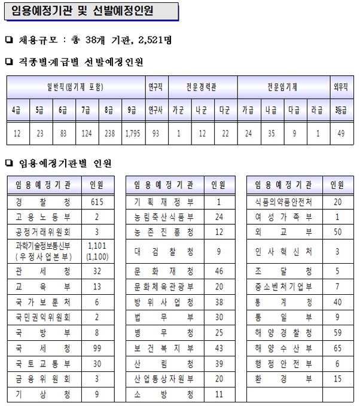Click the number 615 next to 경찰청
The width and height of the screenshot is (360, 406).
point(97,202)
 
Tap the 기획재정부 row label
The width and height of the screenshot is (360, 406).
point(163,202)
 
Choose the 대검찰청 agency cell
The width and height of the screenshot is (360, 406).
point(163,251)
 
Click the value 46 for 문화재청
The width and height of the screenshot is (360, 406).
point(219,270)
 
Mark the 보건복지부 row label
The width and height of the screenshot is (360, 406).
point(163,347)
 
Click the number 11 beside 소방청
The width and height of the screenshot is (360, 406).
point(219,394)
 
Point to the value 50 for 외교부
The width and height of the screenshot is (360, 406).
point(338,231)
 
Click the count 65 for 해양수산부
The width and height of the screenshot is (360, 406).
point(338,347)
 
